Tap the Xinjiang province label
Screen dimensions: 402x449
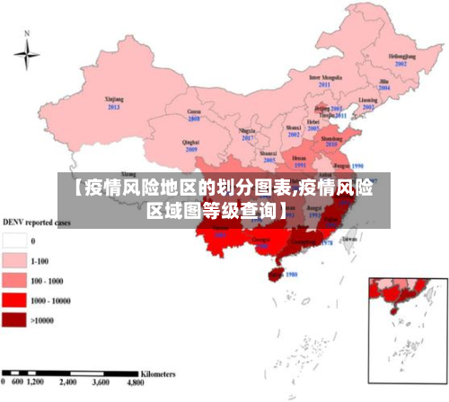tap(114, 100)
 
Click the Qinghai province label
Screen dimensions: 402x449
tap(191, 142)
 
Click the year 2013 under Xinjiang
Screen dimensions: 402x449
tap(114, 107)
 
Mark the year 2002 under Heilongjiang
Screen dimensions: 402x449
tap(401, 64)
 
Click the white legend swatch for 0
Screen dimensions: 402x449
tap(14, 240)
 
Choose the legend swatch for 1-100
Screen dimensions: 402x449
tap(14, 260)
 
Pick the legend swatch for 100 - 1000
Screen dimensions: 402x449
tap(14, 280)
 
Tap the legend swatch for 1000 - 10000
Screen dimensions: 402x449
tap(14, 300)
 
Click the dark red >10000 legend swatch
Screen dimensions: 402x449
tap(14, 319)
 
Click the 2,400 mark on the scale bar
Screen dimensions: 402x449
tap(67, 381)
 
